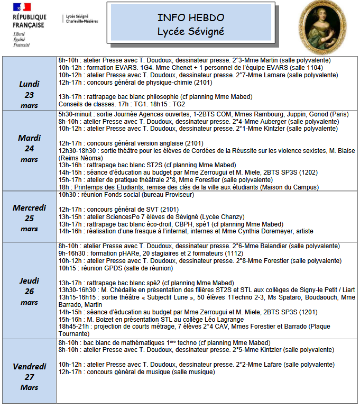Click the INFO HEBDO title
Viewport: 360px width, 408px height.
pyautogui.click(x=190, y=18)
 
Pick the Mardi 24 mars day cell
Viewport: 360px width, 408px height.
pyautogui.click(x=30, y=149)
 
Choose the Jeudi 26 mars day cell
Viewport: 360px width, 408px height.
pyautogui.click(x=30, y=291)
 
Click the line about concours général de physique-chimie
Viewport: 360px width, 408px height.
pyautogui.click(x=135, y=82)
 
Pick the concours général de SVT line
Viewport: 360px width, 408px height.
pyautogui.click(x=119, y=209)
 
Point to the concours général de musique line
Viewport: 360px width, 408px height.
pyautogui.click(x=136, y=372)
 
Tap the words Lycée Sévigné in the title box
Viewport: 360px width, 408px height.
pyautogui.click(x=190, y=32)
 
